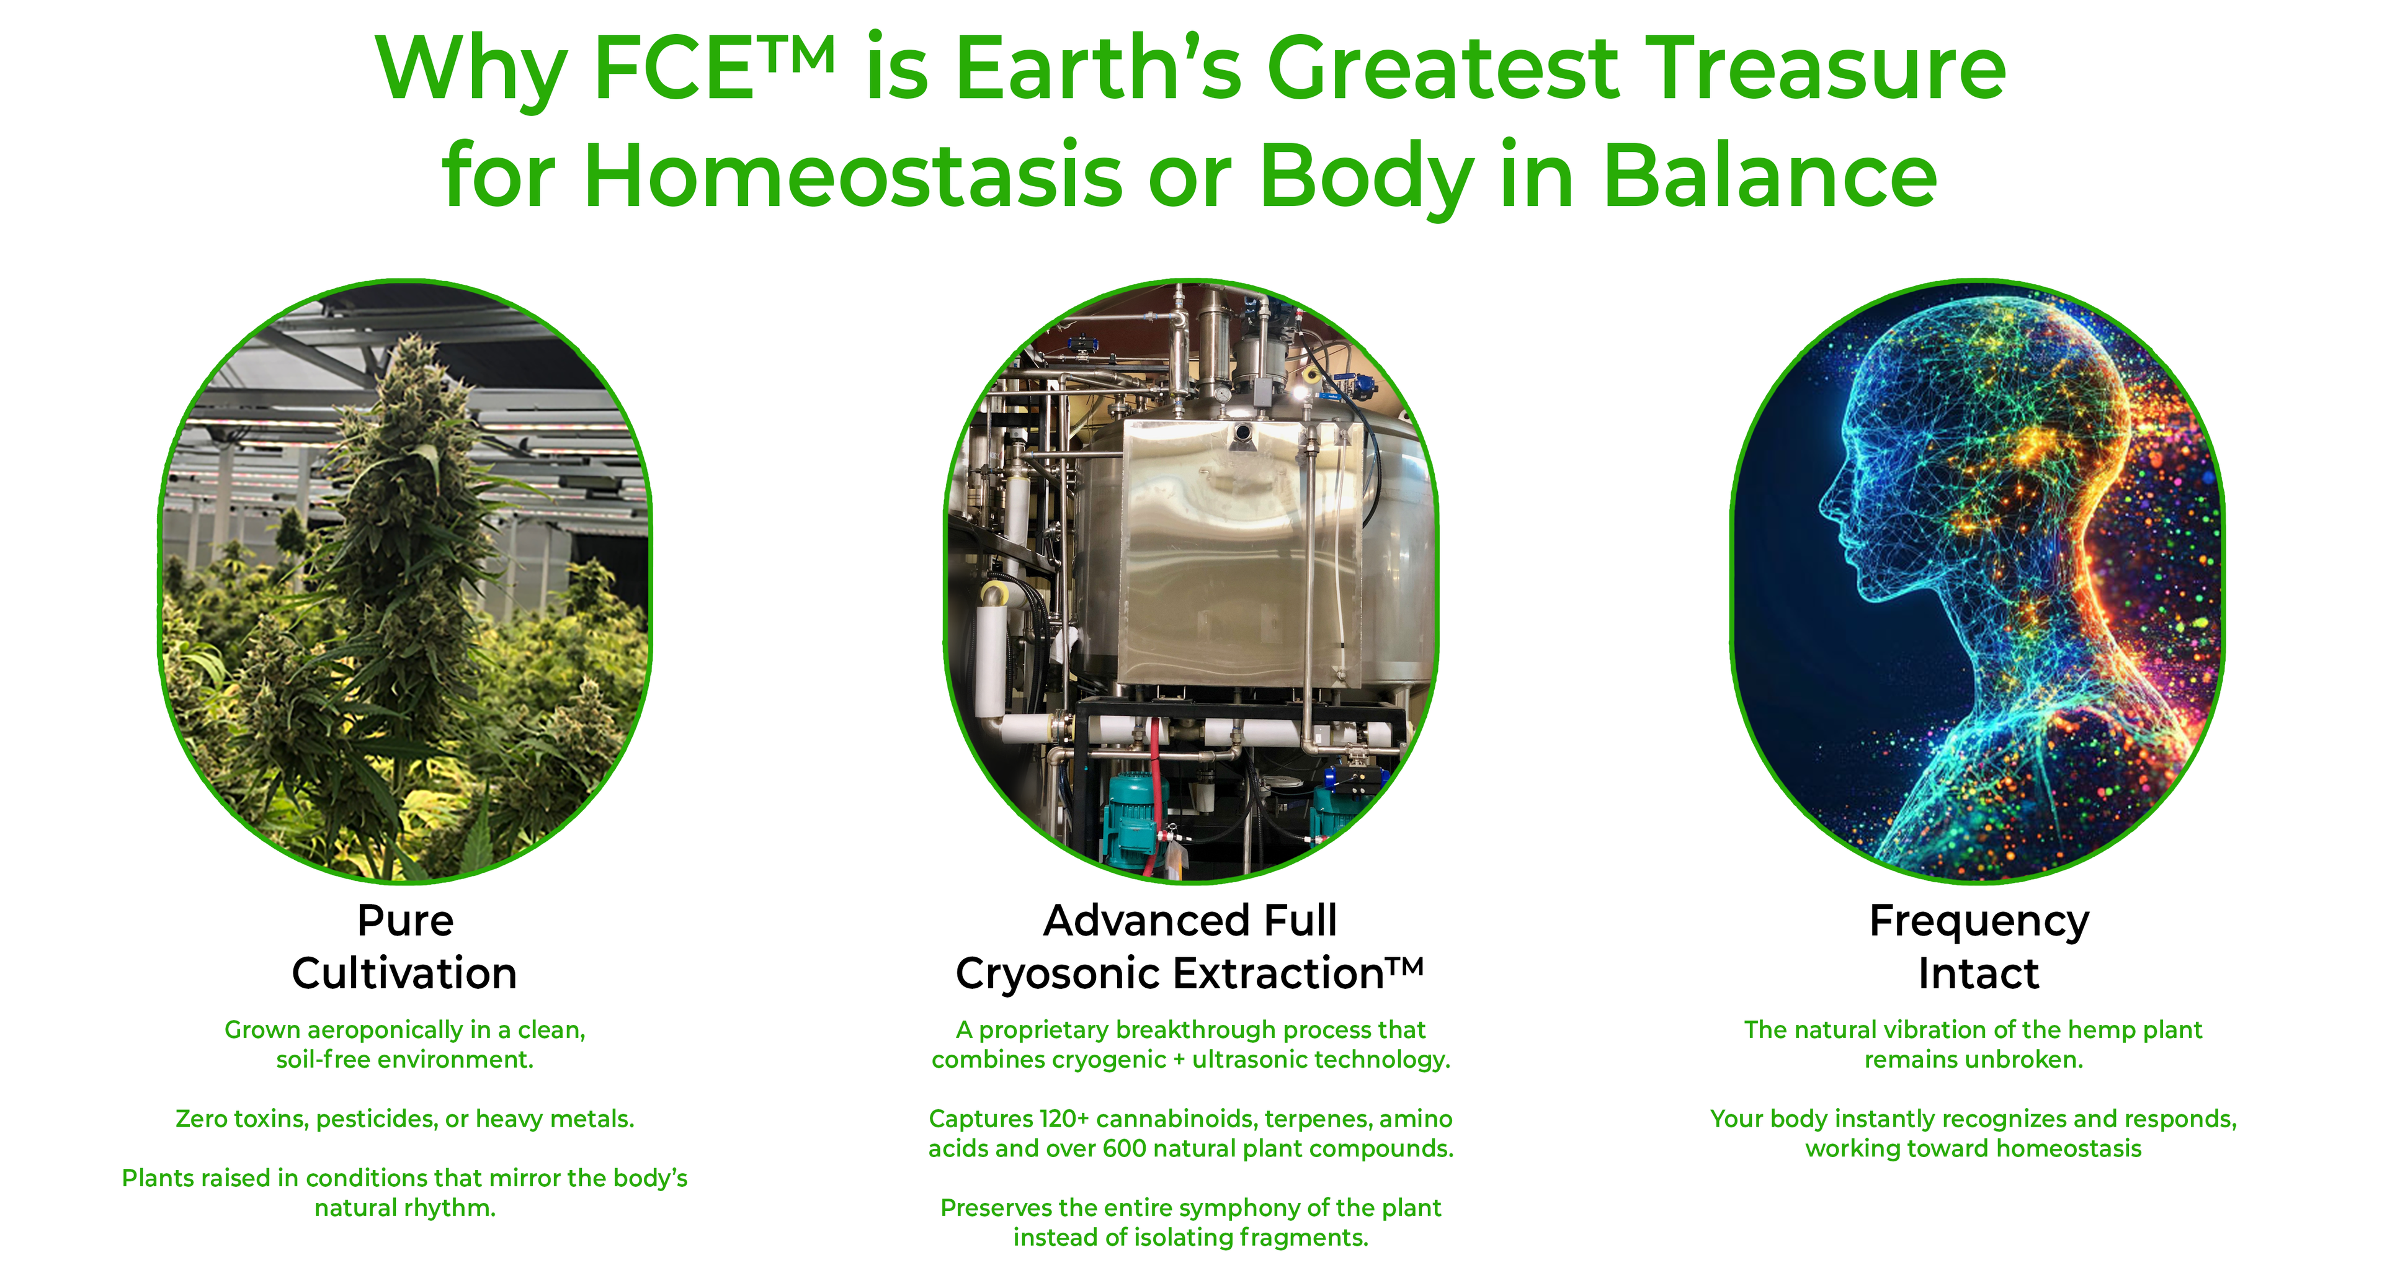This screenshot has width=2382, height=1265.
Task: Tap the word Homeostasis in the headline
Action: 852,176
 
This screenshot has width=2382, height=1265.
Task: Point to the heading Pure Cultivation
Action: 405,947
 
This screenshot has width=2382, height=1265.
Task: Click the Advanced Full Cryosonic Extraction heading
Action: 1190,947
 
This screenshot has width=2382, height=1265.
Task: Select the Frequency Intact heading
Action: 1979,947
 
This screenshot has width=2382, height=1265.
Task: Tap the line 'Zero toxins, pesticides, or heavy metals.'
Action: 405,1119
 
